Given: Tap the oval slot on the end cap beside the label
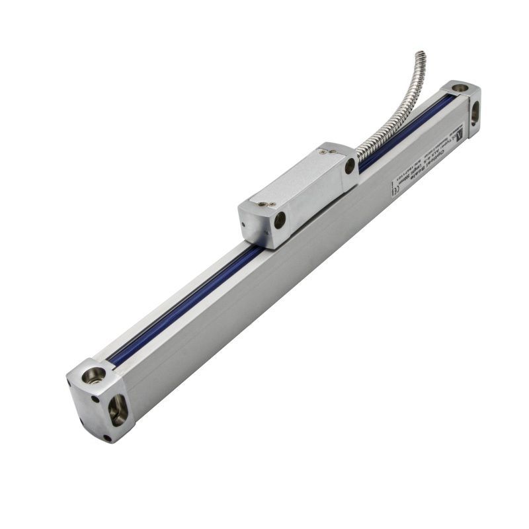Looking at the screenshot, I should (x=474, y=114).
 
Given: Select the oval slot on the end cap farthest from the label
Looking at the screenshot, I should (x=118, y=411).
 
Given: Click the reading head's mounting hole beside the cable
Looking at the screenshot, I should (x=350, y=166).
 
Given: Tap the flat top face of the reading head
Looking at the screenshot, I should (x=291, y=179).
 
